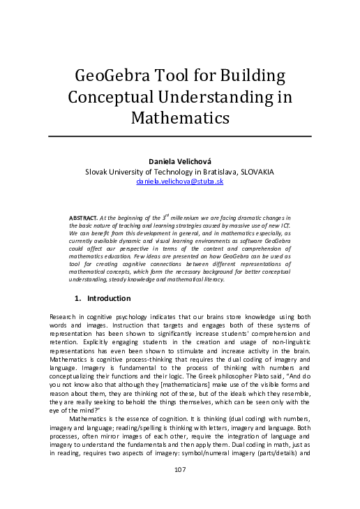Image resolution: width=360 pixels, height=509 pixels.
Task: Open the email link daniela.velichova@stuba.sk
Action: point(179,181)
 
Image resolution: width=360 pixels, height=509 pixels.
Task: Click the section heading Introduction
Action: point(109,298)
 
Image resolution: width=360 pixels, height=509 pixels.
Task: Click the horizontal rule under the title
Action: point(179,136)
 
